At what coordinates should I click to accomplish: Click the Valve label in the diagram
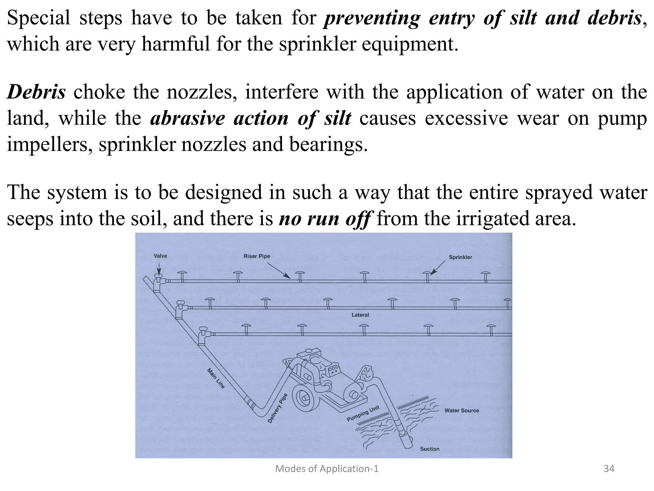pyautogui.click(x=160, y=256)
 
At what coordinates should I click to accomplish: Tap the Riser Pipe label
pyautogui.click(x=257, y=256)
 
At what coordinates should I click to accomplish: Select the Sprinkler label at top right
pyautogui.click(x=460, y=257)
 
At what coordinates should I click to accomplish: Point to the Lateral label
pyautogui.click(x=360, y=315)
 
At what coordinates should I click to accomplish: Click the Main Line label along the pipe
pyautogui.click(x=216, y=378)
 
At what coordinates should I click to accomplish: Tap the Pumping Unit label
pyautogui.click(x=363, y=414)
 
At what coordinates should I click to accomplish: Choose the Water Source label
pyautogui.click(x=461, y=410)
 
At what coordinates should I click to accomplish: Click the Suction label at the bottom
pyautogui.click(x=430, y=449)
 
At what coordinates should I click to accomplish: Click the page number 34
pyautogui.click(x=609, y=469)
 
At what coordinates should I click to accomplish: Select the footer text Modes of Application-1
pyautogui.click(x=327, y=469)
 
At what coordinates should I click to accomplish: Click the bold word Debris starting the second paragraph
pyautogui.click(x=36, y=92)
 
